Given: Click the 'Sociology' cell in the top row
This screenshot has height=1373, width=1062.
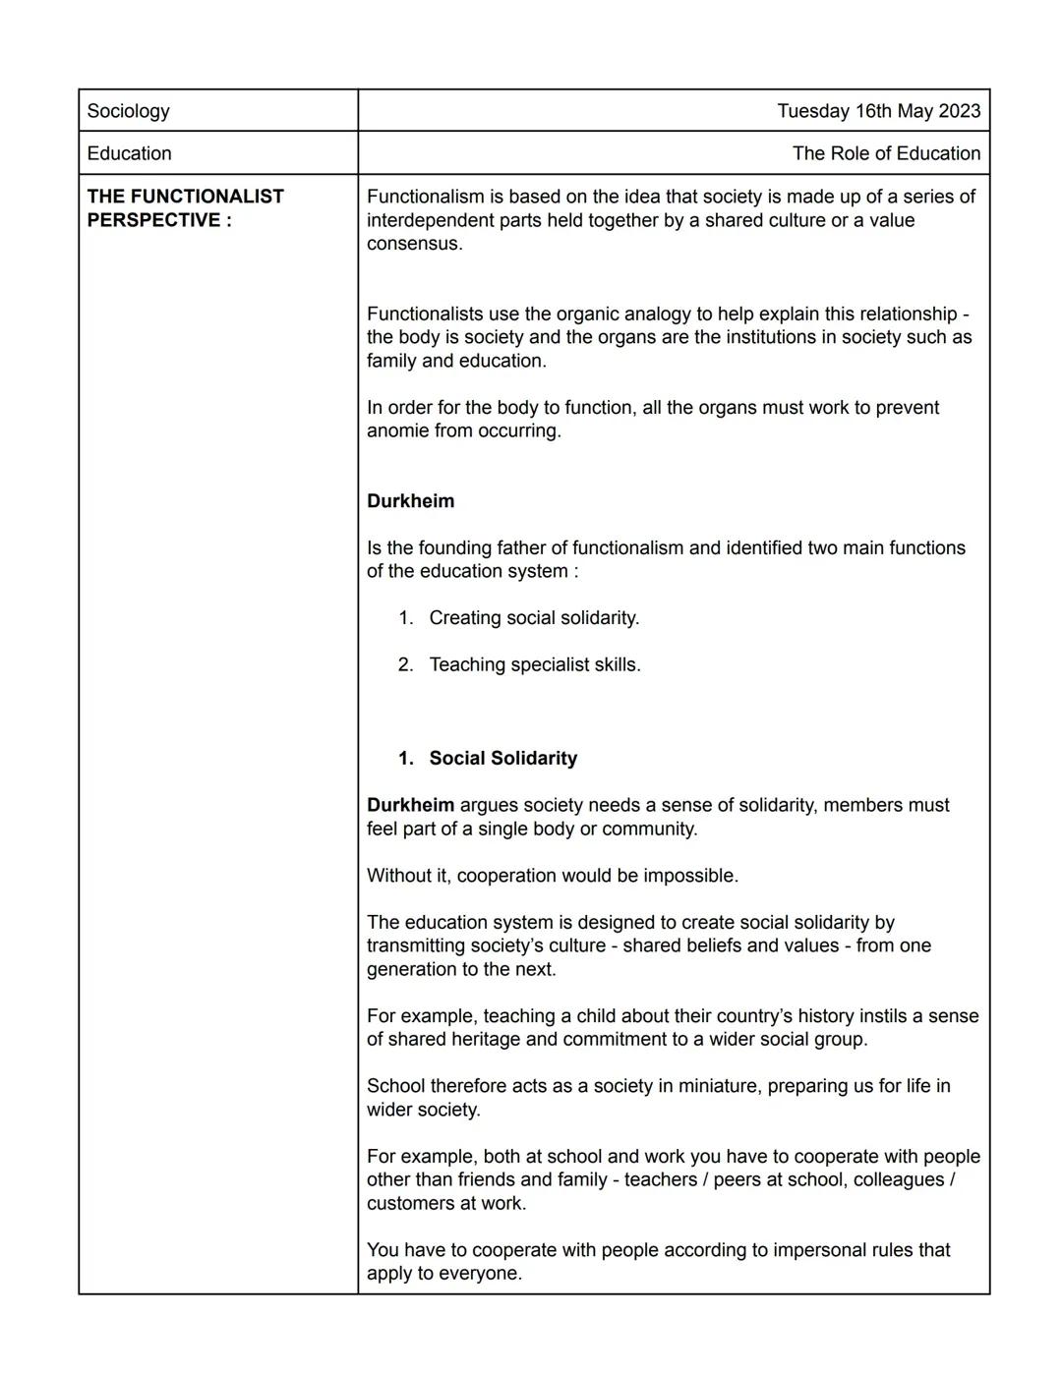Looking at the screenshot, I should click(x=128, y=111).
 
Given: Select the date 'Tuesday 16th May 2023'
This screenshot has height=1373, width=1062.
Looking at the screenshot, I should click(x=878, y=111).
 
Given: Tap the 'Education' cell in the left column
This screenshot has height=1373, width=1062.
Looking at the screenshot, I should click(x=129, y=153).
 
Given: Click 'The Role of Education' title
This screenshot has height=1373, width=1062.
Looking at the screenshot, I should click(x=886, y=153).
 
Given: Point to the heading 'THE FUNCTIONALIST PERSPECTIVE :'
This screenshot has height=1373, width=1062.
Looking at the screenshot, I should click(x=185, y=208).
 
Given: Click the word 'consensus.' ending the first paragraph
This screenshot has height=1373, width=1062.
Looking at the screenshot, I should click(x=414, y=244).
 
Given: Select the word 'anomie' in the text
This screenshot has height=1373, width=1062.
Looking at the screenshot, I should click(x=397, y=431).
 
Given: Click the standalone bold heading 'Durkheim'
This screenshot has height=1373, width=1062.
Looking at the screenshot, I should click(x=410, y=501).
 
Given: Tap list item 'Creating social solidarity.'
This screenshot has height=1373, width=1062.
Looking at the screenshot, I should click(x=534, y=618).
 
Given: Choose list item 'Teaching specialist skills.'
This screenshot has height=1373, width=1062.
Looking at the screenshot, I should click(x=535, y=665).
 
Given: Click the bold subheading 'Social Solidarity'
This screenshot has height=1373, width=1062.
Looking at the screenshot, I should click(x=502, y=759).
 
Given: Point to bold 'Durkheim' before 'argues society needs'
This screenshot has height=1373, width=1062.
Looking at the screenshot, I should click(x=410, y=806).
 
